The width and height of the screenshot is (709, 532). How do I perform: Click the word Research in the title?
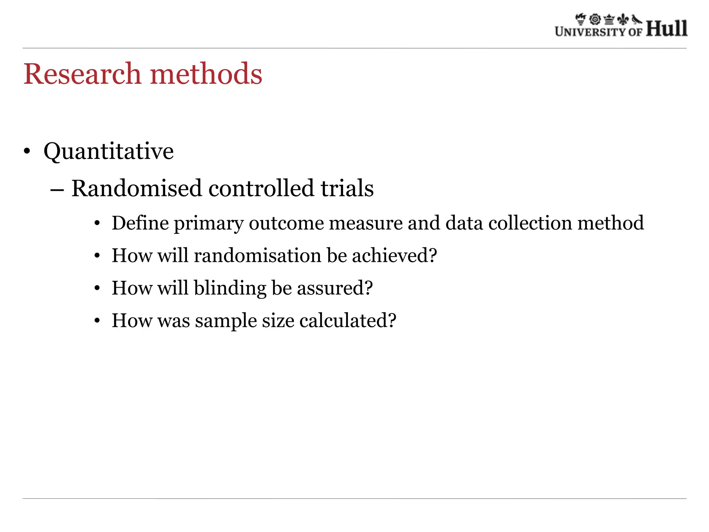[x=82, y=74]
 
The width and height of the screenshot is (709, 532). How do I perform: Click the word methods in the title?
[x=206, y=74]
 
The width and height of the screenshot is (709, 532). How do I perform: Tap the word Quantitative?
[x=108, y=151]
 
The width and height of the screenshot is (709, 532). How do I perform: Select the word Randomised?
[x=136, y=188]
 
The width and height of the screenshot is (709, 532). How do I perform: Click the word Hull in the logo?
[x=666, y=28]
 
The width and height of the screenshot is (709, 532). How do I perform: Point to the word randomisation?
[x=258, y=256]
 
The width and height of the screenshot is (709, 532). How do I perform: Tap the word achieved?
[x=394, y=256]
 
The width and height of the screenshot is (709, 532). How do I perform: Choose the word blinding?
[x=230, y=288]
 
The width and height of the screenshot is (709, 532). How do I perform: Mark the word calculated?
[x=348, y=321]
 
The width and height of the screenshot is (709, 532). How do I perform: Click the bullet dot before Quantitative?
[x=27, y=152]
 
